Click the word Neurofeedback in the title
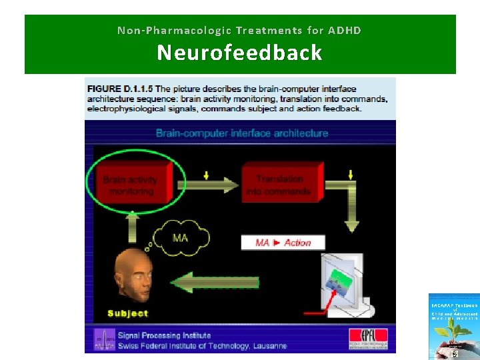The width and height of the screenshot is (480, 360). pos(239,53)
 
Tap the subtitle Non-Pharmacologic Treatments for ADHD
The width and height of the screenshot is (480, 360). pos(239,30)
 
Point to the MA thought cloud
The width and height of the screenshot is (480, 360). pos(180,237)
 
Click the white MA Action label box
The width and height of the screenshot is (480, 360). pos(283,242)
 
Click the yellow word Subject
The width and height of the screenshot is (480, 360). pos(128,313)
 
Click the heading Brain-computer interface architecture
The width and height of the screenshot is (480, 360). pos(241,133)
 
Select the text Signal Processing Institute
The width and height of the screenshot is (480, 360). pos(165,335)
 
